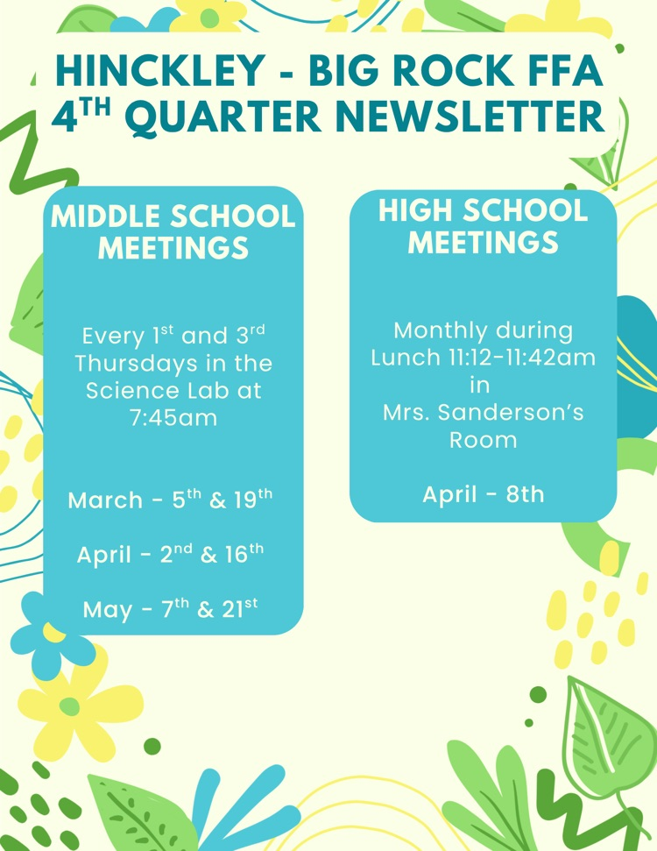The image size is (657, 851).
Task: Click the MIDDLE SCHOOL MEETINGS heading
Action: point(173,231)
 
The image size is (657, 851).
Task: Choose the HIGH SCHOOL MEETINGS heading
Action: point(483,225)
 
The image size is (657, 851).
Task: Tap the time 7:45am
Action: point(173,418)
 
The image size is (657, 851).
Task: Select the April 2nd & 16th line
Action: point(171,554)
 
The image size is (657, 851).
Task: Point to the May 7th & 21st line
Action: point(171,608)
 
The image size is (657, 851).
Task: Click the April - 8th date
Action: point(483,494)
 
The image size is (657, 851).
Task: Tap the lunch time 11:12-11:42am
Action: point(517,358)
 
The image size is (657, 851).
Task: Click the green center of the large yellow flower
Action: point(69,706)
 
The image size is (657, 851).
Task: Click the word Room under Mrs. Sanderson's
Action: point(483,439)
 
